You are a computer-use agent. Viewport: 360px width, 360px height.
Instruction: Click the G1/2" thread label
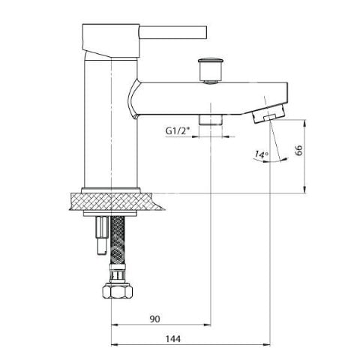[x=178, y=130]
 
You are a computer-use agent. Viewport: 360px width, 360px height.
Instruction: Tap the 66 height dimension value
[x=299, y=150]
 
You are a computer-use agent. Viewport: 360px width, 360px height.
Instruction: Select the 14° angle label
[x=261, y=154]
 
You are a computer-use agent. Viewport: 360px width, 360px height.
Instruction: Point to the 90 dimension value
[x=154, y=319]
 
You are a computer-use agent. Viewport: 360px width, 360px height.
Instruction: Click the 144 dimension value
[x=173, y=339]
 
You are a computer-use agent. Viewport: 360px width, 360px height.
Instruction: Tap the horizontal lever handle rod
[x=173, y=32]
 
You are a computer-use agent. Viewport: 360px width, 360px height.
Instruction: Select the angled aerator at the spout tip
[x=268, y=114]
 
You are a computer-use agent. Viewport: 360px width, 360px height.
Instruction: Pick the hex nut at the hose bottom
[x=118, y=290]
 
